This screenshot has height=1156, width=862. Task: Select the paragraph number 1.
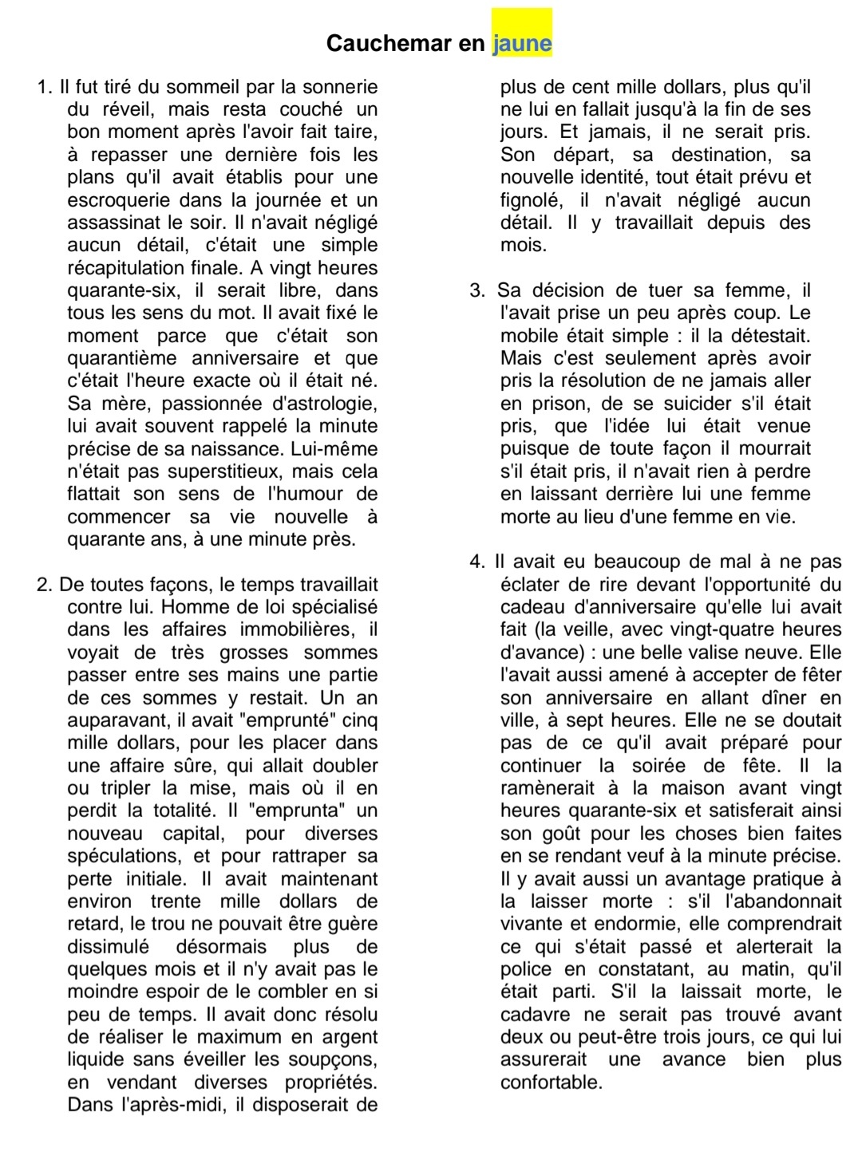[x=44, y=87]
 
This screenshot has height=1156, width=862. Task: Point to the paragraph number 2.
[x=44, y=585]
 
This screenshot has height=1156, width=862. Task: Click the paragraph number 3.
[x=477, y=290]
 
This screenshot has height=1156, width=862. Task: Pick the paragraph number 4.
[x=477, y=562]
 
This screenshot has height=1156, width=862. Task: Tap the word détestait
[x=761, y=336]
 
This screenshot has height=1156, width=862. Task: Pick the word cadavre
[x=535, y=1015]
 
